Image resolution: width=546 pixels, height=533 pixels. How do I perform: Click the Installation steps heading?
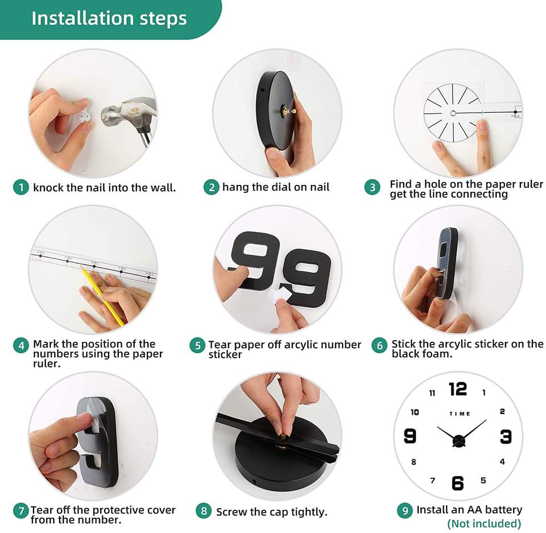click(x=109, y=18)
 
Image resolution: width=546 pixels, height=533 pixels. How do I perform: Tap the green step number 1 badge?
click(x=21, y=187)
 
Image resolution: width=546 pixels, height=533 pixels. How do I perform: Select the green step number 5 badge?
click(x=197, y=345)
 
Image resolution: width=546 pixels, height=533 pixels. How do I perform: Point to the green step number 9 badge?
click(x=404, y=510)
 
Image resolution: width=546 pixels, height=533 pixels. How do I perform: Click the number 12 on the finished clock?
click(x=457, y=389)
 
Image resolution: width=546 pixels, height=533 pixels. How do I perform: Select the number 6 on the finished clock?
click(x=457, y=483)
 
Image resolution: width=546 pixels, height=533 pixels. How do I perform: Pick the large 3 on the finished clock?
click(x=506, y=436)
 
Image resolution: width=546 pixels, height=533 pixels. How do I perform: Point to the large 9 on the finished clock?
click(x=410, y=436)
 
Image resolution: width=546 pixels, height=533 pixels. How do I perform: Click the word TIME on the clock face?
click(x=460, y=414)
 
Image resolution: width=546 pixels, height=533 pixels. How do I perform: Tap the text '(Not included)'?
click(x=484, y=523)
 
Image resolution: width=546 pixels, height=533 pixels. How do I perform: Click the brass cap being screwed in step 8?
click(x=283, y=436)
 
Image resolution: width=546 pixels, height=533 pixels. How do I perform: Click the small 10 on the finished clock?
click(x=415, y=412)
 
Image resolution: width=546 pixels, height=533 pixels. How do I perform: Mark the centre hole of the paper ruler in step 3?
click(x=453, y=113)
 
